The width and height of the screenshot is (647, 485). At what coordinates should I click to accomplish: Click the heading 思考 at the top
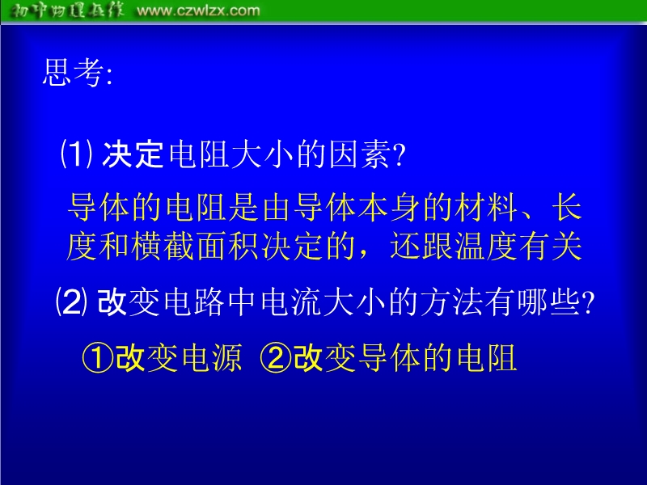click(73, 73)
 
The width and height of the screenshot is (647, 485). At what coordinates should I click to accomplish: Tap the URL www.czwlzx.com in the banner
click(198, 11)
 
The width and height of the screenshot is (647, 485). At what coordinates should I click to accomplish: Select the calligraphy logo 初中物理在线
click(66, 10)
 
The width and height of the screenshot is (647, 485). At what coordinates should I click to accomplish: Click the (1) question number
click(76, 154)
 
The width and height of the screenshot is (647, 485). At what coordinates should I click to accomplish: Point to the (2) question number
click(71, 302)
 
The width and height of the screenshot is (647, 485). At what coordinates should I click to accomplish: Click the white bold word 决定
click(133, 154)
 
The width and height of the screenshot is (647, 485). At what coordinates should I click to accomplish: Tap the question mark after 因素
click(399, 155)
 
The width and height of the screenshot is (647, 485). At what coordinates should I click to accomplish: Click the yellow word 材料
click(486, 207)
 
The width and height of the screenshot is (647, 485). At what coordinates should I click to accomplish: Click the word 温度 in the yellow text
click(486, 247)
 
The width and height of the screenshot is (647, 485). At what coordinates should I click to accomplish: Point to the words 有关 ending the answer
click(551, 247)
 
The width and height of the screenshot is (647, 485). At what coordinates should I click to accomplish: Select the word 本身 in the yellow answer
click(389, 207)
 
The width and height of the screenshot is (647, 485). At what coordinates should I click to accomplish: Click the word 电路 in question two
click(194, 302)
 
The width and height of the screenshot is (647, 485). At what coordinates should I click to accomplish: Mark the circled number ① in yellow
click(98, 358)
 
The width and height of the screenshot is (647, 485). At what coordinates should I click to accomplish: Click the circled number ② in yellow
click(276, 358)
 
